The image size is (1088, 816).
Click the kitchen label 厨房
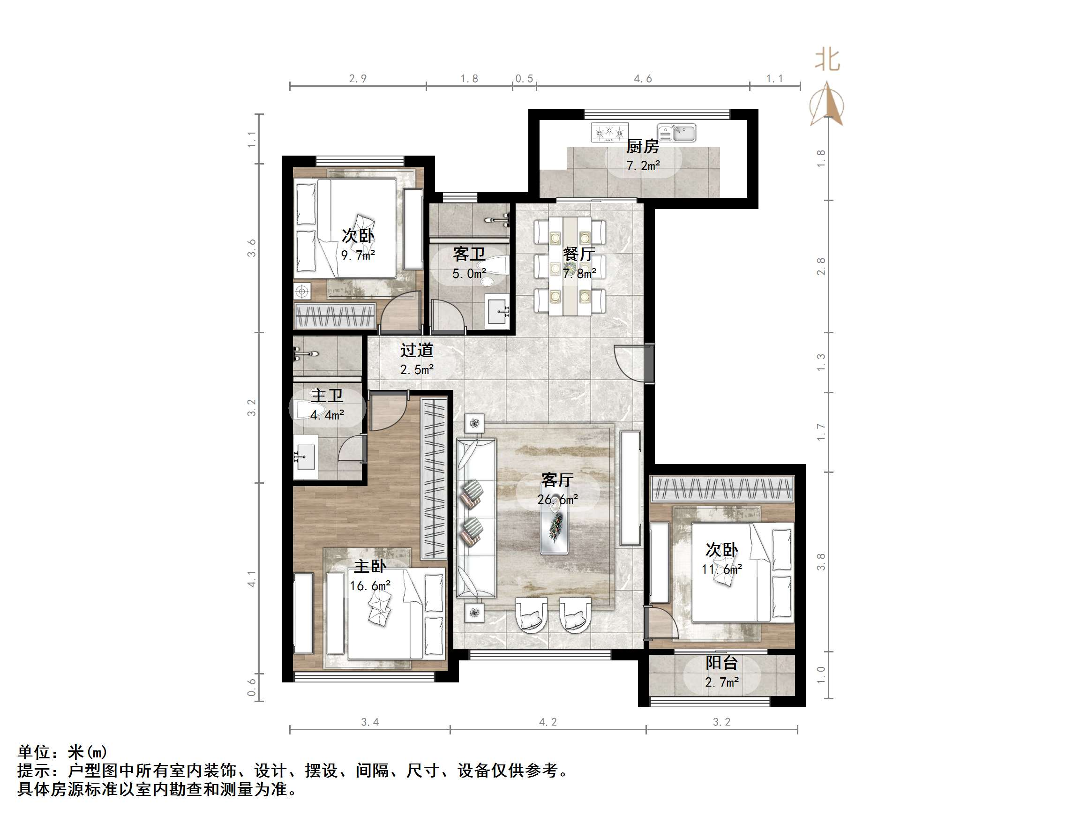point(642,146)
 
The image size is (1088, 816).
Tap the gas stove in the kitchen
point(610,132)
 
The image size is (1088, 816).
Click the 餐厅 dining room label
point(579,254)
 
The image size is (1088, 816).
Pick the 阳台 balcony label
point(721,663)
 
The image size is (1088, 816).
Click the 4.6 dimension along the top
point(642,79)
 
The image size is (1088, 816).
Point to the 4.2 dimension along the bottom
point(548,722)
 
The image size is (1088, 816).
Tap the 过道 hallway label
point(417,350)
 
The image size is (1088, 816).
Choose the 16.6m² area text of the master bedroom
point(370,585)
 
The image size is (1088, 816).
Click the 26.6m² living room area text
point(557,499)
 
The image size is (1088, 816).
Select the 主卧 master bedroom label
point(370,566)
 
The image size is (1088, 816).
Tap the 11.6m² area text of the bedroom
point(721,569)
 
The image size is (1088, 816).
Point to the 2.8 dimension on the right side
point(820,266)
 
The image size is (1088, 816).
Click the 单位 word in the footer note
point(34,752)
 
